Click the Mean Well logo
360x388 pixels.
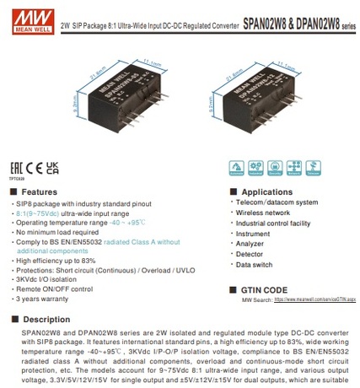23,15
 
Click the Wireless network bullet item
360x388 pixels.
264,213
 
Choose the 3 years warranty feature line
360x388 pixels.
47,299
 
